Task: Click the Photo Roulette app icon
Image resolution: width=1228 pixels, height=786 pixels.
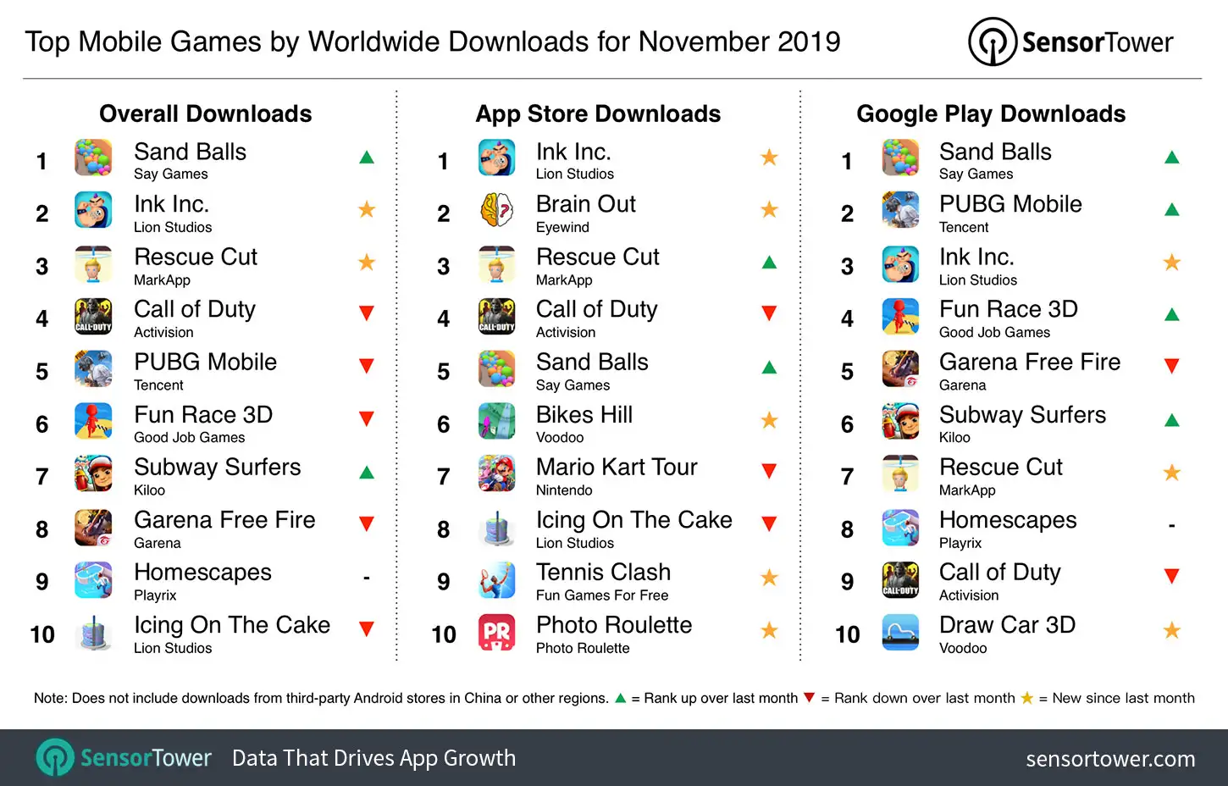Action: pos(497,633)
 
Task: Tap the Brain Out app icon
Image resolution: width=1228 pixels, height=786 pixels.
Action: pos(497,211)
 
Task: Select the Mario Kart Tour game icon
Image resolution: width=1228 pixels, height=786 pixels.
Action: pos(497,473)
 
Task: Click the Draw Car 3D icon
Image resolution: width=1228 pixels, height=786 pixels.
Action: pos(900,633)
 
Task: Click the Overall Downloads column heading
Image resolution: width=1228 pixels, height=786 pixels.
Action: pos(206,113)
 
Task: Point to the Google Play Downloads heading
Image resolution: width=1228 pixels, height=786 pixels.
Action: pos(991,113)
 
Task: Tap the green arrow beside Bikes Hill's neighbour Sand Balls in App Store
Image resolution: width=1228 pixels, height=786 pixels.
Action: pos(769,368)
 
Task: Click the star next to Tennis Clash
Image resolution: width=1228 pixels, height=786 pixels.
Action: pos(769,578)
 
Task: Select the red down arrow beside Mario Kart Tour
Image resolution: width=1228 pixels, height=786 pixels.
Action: pos(769,472)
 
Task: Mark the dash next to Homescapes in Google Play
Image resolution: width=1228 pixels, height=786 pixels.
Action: pos(1172,526)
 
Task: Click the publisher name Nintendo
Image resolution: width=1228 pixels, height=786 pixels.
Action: pos(564,490)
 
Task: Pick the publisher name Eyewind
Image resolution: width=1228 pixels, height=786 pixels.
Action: pos(562,227)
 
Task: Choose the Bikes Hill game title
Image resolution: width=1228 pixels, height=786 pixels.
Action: pos(584,414)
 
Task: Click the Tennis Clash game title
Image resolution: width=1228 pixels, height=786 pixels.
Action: pos(603,572)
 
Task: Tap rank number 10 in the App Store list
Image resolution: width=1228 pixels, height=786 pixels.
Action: pos(444,634)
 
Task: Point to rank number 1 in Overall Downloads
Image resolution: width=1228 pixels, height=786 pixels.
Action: pos(41,161)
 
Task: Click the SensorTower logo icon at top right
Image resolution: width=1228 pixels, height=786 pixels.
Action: pos(993,42)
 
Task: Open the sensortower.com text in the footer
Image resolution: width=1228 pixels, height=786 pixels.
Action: pos(1110,759)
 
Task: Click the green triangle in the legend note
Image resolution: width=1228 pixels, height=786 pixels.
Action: pos(621,698)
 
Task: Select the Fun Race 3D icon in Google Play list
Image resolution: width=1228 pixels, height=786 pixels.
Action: pos(900,317)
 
